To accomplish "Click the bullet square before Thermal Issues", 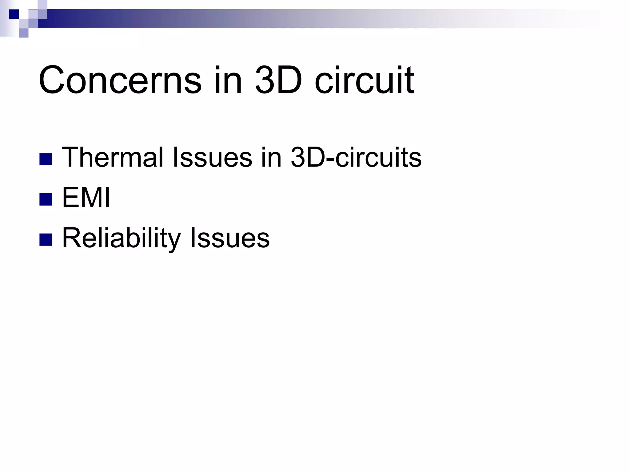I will pyautogui.click(x=46, y=159).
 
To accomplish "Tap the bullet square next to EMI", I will pyautogui.click(x=46, y=199).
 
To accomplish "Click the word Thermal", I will pyautogui.click(x=113, y=157).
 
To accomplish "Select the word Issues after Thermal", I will pyautogui.click(x=212, y=157).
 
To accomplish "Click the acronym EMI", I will pyautogui.click(x=86, y=198).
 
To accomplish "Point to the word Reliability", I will pyautogui.click(x=122, y=238).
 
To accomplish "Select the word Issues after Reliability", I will pyautogui.click(x=229, y=238).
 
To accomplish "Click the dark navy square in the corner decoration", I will pyautogui.click(x=14, y=14).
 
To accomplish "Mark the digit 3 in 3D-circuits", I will pyautogui.click(x=297, y=157).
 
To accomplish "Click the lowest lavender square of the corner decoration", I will pyautogui.click(x=24, y=33).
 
